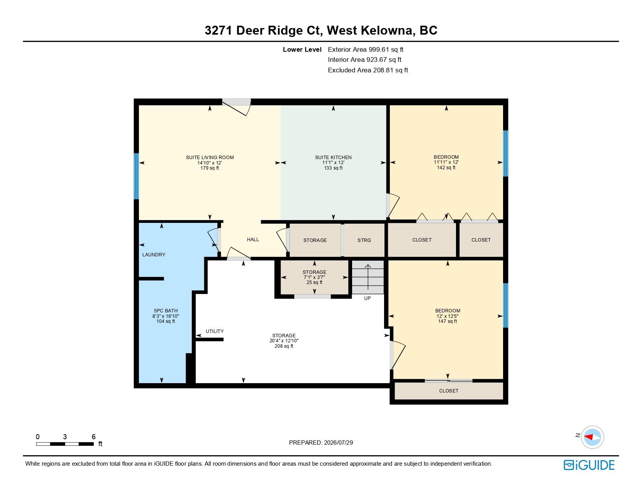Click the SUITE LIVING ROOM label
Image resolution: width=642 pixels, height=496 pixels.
210,158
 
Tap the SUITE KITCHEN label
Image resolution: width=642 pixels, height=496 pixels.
333,158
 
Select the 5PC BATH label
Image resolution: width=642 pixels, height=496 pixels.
166,311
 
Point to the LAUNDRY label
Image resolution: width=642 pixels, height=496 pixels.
154,255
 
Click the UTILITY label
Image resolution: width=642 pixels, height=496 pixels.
215,331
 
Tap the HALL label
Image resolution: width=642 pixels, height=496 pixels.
253,240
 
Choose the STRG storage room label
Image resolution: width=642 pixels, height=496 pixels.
364,240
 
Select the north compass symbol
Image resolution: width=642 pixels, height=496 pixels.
592,437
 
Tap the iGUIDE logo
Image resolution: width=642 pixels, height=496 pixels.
589,465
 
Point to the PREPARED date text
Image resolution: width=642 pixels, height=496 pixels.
321,443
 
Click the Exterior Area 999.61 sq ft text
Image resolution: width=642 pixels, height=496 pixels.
365,50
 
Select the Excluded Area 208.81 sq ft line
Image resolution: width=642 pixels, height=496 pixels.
368,70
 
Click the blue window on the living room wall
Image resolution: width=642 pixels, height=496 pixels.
136,176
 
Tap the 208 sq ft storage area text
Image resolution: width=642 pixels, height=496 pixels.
284,346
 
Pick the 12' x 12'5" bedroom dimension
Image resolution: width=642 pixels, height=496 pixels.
447,316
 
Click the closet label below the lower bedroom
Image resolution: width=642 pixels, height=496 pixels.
449,391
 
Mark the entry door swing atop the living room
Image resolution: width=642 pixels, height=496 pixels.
237,107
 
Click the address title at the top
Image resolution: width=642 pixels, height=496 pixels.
321,30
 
